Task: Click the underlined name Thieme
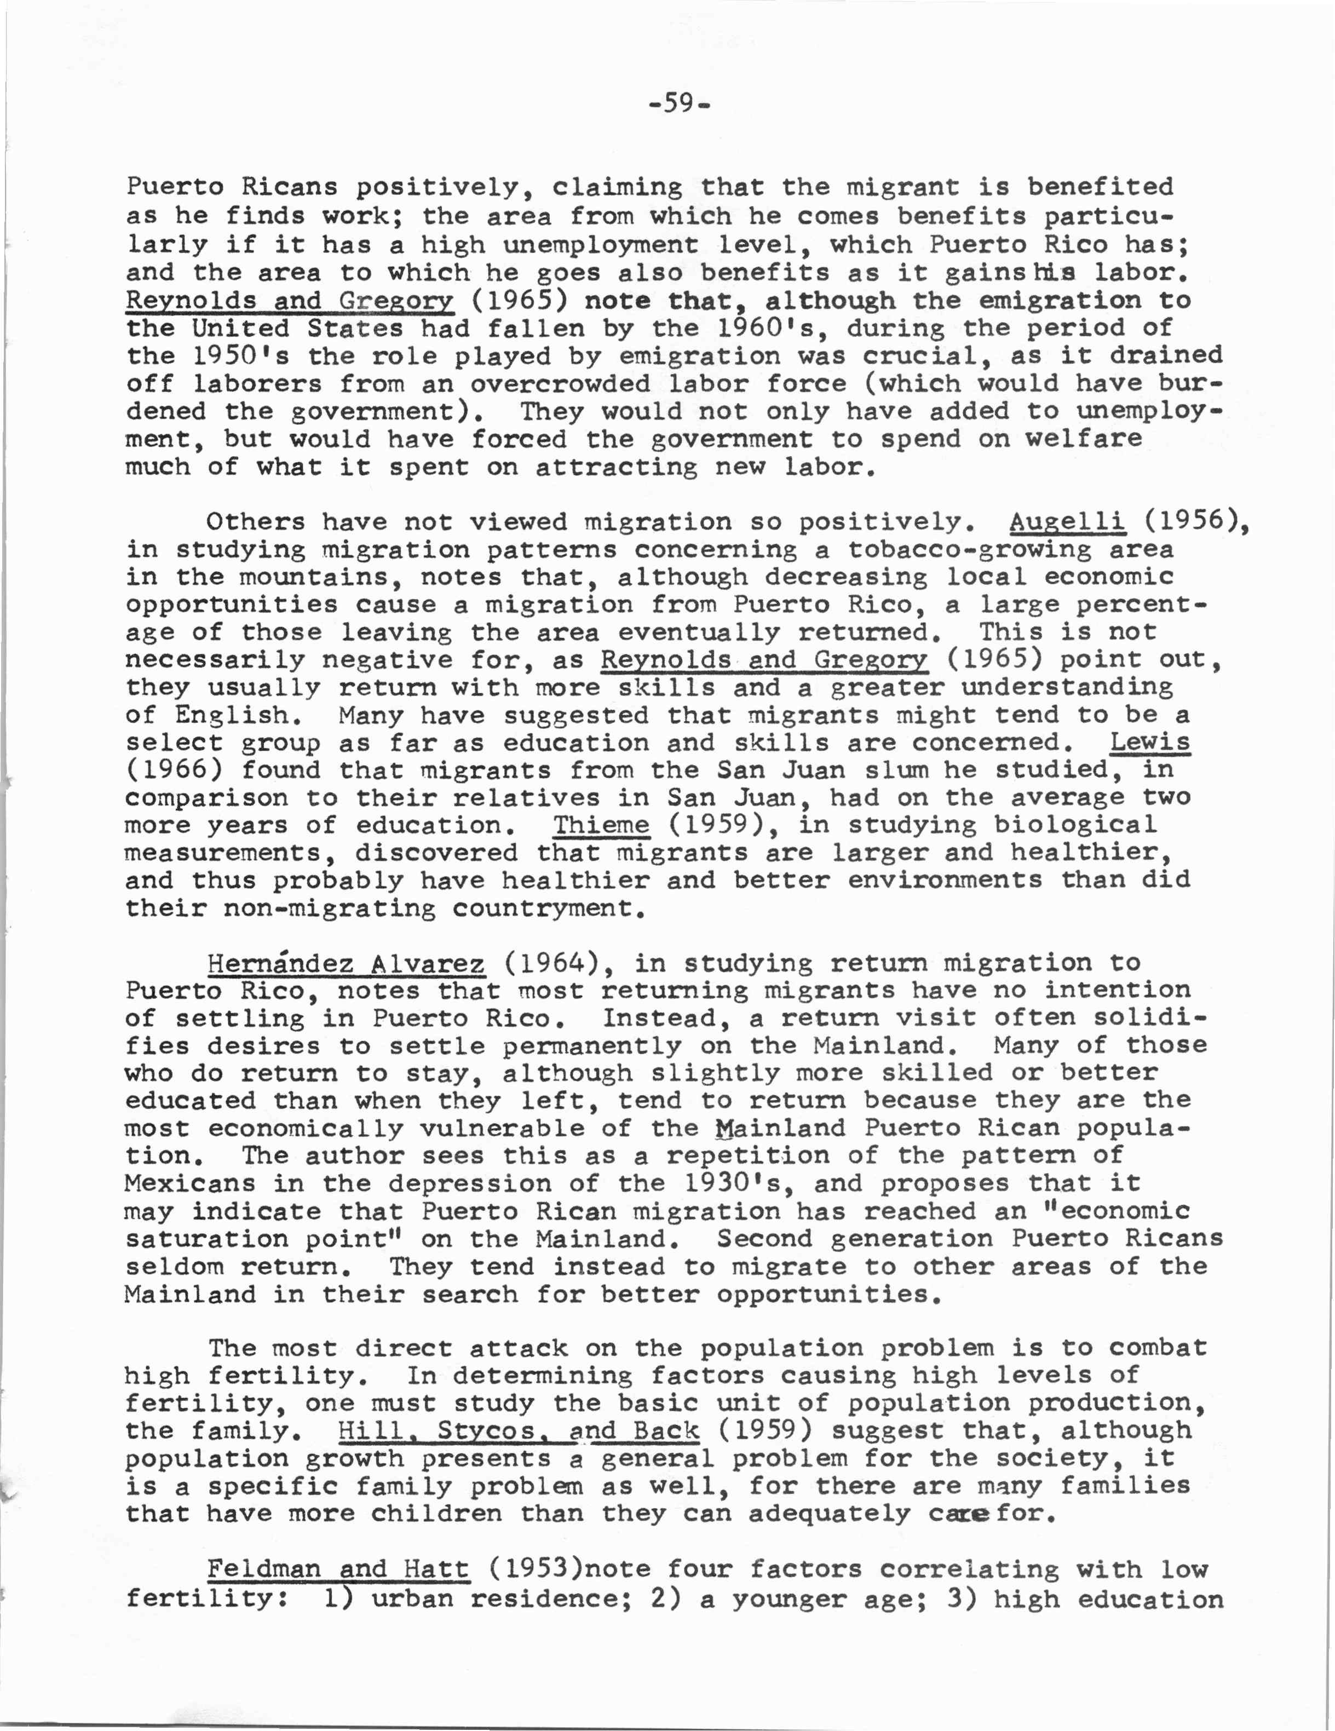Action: (x=601, y=825)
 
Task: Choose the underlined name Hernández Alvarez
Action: (x=346, y=963)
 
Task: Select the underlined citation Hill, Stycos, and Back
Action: (x=519, y=1430)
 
